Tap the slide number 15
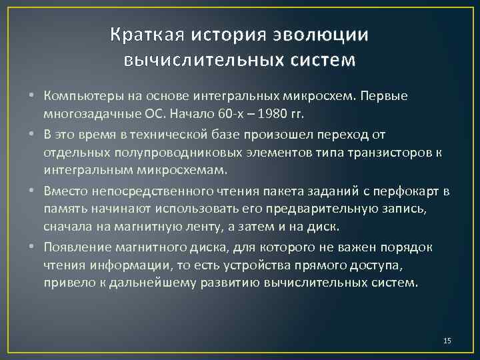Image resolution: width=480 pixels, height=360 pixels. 447,341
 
